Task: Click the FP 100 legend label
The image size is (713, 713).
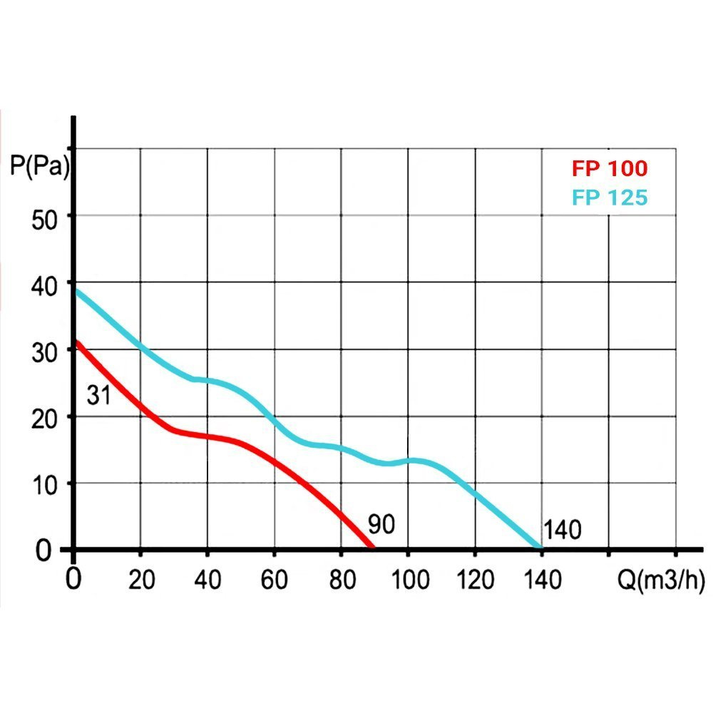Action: (609, 169)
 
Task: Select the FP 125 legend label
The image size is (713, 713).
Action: (609, 197)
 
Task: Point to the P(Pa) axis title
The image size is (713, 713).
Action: (39, 169)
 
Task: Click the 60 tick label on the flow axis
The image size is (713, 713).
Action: (274, 580)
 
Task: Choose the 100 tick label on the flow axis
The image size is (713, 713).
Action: (408, 580)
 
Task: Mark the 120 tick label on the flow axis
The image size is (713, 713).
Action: (474, 580)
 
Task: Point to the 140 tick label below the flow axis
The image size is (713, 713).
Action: (541, 580)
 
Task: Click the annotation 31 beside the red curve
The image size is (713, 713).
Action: (99, 396)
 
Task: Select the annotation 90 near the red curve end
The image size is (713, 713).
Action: (381, 525)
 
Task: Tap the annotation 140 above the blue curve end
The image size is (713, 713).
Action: (563, 530)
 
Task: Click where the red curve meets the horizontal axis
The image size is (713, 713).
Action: (371, 548)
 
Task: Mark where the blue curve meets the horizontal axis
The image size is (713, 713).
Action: (540, 548)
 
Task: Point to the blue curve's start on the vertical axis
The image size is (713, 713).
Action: (76, 290)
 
